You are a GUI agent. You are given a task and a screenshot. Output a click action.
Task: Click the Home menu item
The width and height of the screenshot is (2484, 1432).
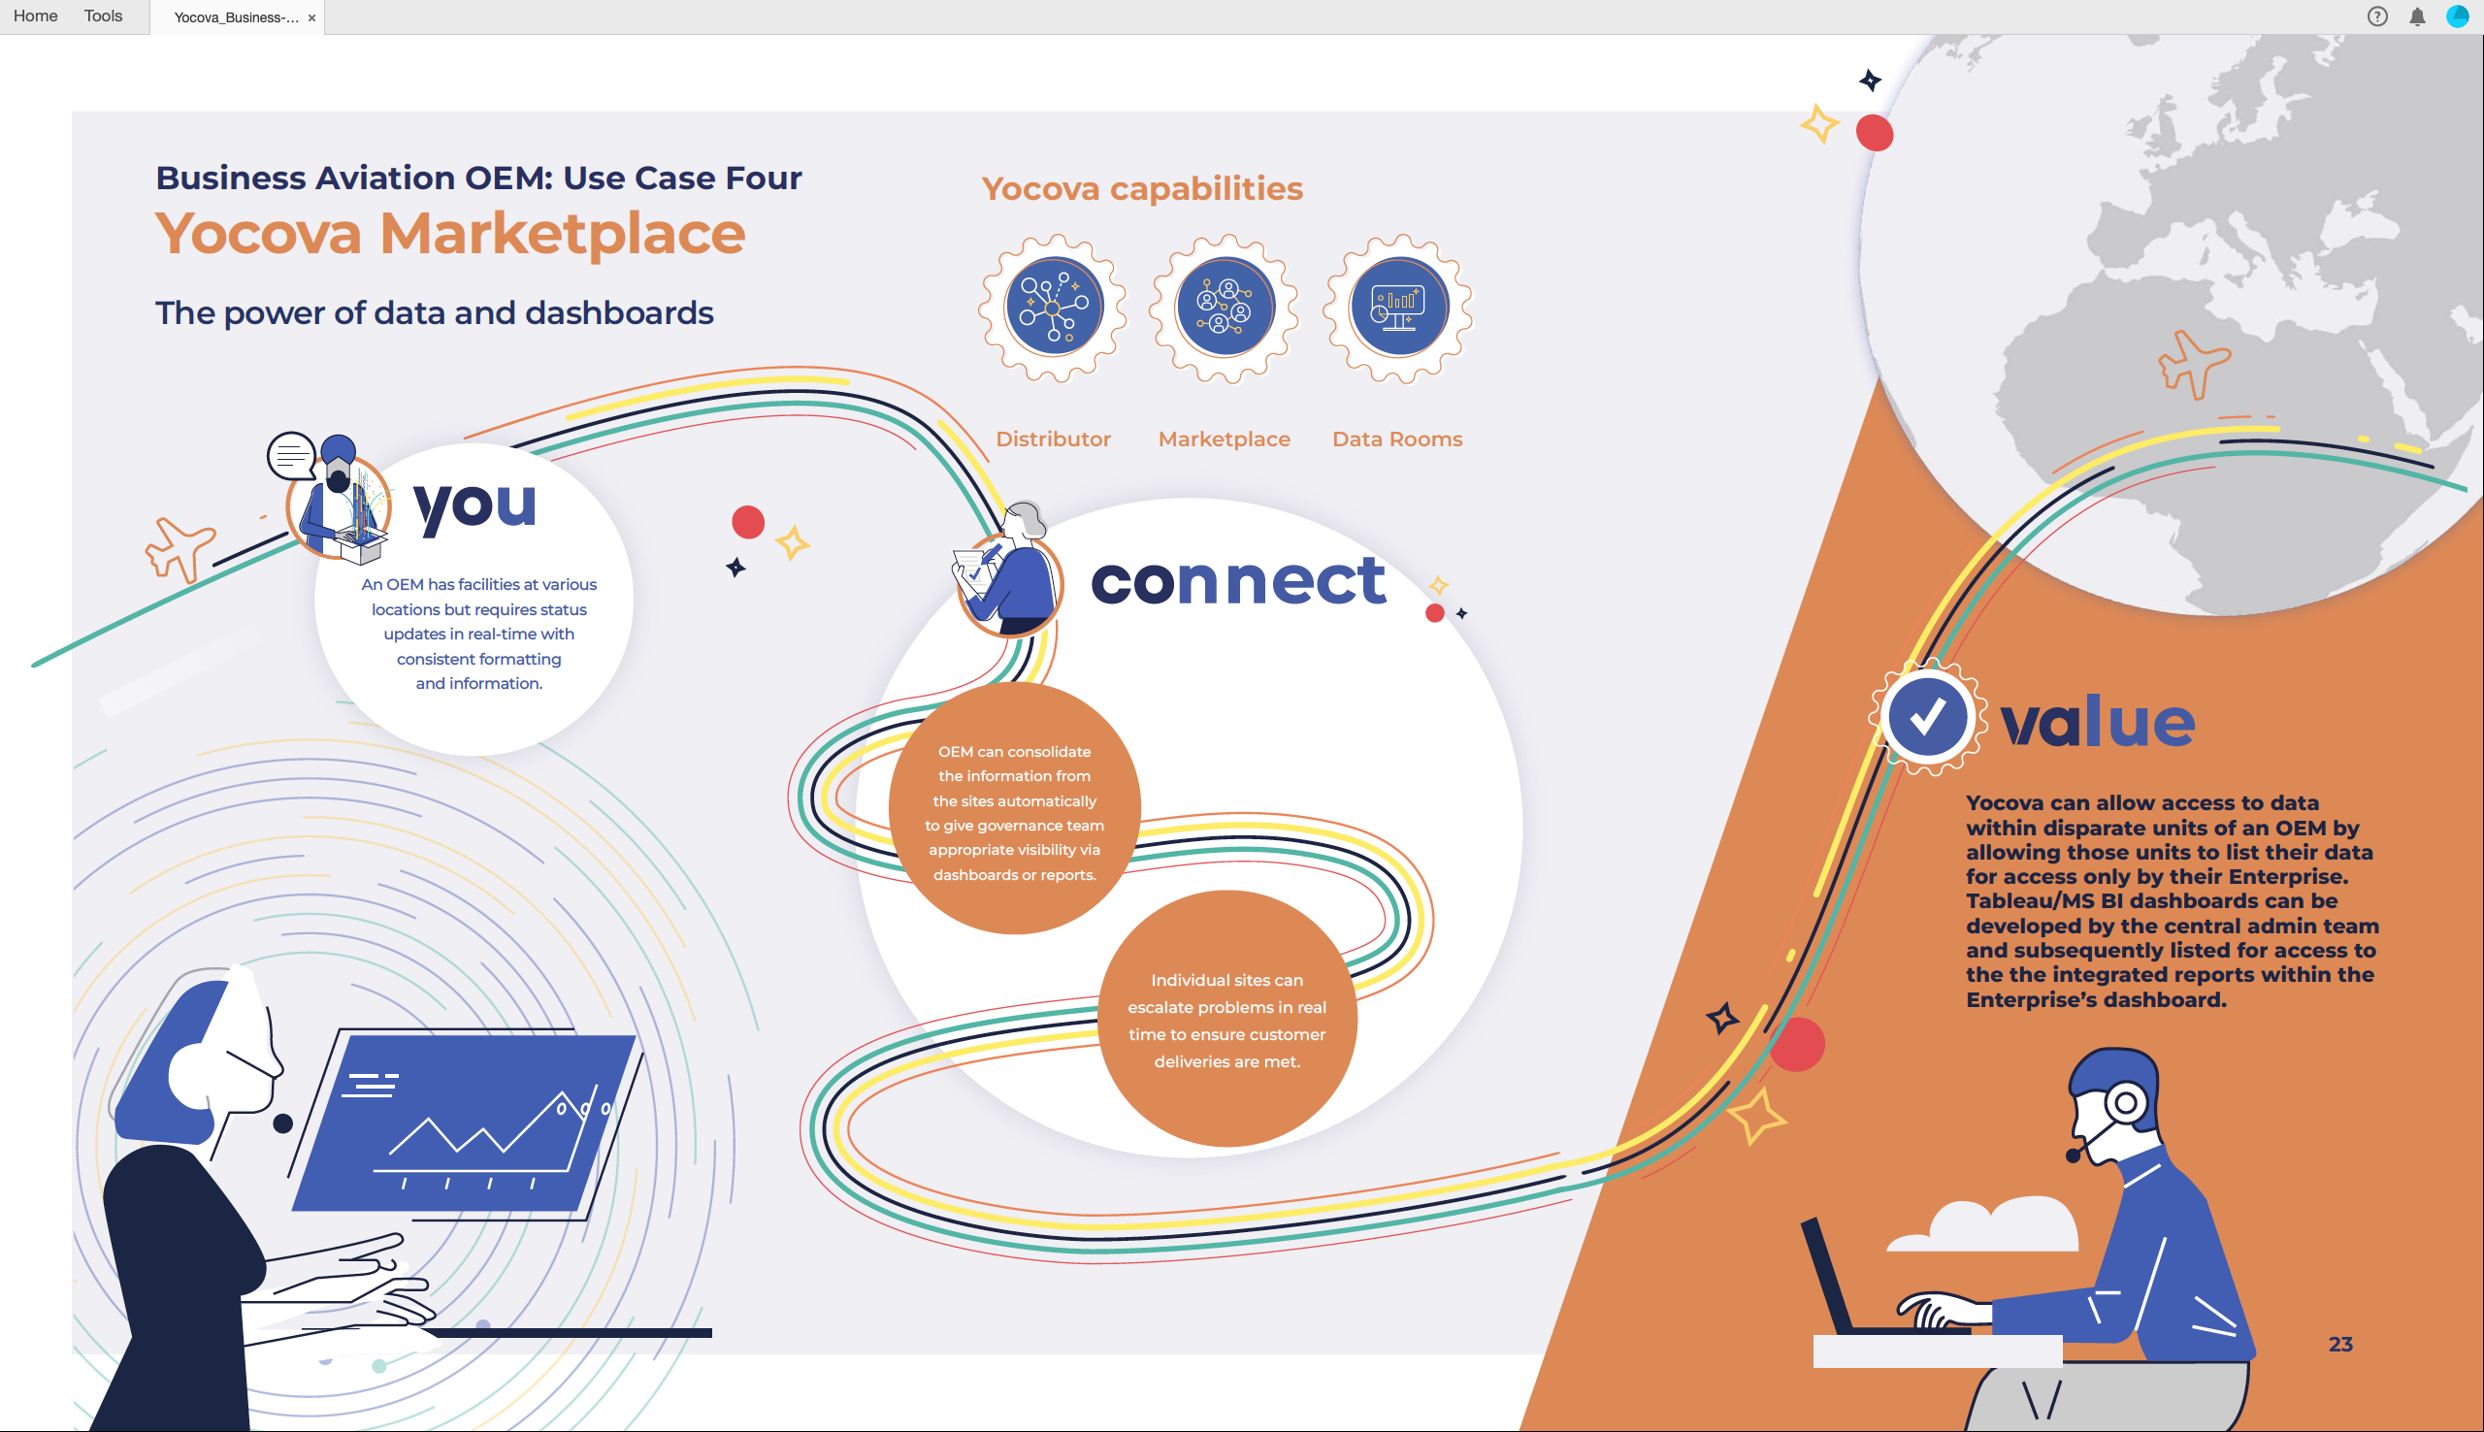(x=35, y=16)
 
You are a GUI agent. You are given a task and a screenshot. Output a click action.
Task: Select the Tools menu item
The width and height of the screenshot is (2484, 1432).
(x=103, y=16)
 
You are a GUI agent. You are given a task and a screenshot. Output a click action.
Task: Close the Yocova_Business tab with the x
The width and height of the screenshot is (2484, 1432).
(x=311, y=17)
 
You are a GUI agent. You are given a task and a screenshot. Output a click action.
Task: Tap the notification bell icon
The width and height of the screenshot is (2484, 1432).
(x=2417, y=16)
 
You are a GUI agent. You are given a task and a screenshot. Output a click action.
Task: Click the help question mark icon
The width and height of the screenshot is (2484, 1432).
(x=2377, y=16)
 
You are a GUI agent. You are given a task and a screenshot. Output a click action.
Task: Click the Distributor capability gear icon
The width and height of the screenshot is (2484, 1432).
(x=1053, y=308)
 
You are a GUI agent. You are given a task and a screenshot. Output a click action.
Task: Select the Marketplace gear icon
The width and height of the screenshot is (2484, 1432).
(x=1226, y=308)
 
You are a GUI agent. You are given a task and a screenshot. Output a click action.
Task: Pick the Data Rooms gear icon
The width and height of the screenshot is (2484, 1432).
(x=1398, y=308)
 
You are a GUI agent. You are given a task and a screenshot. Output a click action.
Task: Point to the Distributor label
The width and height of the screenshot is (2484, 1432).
(x=1053, y=439)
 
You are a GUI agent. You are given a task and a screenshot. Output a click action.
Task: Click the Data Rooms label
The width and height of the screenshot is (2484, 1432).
(x=1397, y=439)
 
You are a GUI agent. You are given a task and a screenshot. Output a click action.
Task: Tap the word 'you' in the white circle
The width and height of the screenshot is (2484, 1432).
(x=475, y=507)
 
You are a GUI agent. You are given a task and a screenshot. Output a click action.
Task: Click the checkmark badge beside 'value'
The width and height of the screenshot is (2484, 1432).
(x=1925, y=717)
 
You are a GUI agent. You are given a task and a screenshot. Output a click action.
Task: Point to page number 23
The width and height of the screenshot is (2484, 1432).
(x=2340, y=1345)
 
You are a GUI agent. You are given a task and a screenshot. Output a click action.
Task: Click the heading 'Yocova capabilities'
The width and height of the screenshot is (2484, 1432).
(x=1142, y=189)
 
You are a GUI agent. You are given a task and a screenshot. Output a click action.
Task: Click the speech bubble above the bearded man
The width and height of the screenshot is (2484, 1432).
(x=291, y=455)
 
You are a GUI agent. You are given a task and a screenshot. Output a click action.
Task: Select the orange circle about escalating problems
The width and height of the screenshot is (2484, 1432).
(x=1226, y=1019)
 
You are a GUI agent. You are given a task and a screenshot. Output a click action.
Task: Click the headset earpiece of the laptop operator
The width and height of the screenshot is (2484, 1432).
(x=2124, y=1103)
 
